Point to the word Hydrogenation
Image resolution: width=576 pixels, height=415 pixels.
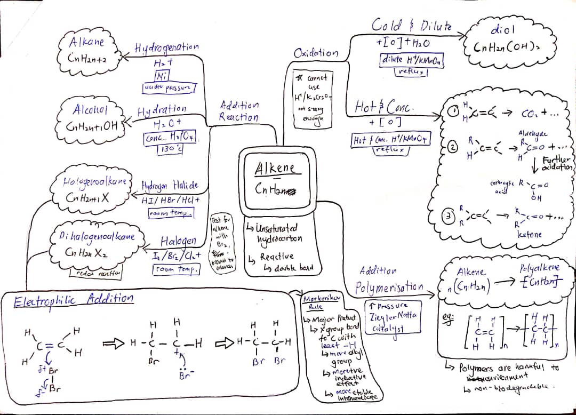pos(166,48)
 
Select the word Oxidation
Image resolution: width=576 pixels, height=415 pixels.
pos(316,53)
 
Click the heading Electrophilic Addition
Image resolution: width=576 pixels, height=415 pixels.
pos(74,298)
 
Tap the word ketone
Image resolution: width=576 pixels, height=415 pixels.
pos(529,234)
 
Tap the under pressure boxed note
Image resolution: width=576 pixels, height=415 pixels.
pos(169,87)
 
